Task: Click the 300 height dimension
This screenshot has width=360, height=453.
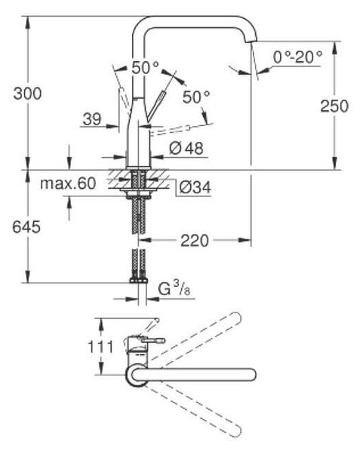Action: click(27, 94)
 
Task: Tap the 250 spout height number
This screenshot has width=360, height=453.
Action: click(334, 106)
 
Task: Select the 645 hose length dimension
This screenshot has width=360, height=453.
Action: click(26, 226)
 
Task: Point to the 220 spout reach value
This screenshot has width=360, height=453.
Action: click(195, 241)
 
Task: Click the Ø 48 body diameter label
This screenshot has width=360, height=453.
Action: click(186, 148)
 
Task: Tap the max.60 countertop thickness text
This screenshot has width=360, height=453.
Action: click(68, 183)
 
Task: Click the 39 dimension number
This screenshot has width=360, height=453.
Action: click(92, 119)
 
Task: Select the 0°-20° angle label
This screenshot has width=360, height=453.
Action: click(297, 57)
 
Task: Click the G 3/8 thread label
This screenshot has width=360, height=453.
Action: click(174, 289)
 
